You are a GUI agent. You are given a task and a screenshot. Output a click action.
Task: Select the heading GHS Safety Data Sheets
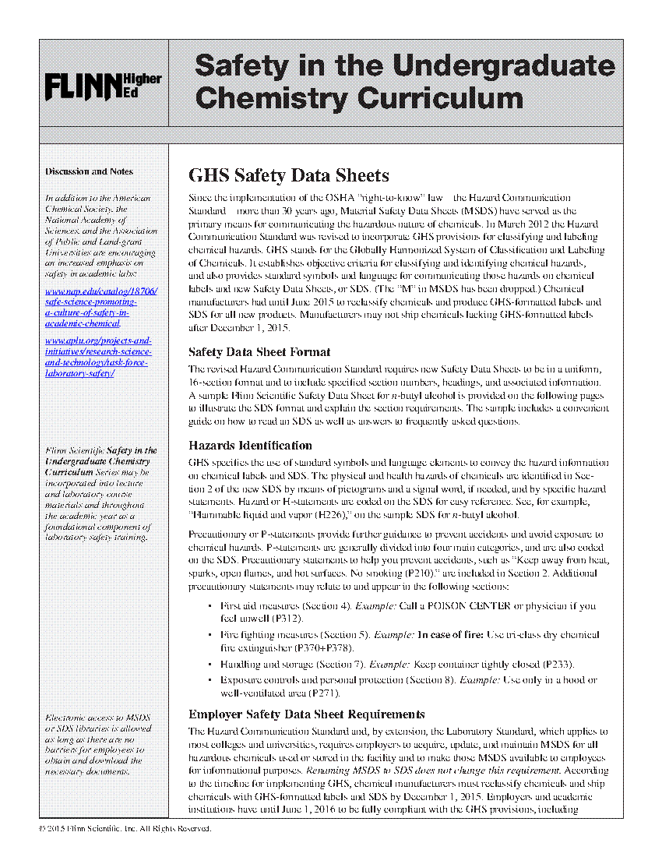tap(289, 175)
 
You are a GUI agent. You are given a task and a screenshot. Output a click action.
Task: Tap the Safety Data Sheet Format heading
tap(259, 352)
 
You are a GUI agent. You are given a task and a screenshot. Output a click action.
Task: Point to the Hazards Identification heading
tap(250, 446)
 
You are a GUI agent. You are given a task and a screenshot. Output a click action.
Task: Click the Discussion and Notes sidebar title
tap(89, 171)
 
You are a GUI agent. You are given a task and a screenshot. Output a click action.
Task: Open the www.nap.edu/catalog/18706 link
tap(101, 291)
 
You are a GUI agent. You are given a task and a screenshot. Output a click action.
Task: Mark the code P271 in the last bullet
tap(324, 693)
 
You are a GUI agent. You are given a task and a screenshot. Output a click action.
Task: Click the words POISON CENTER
tap(450, 605)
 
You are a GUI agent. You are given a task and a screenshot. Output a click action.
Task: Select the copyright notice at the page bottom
tap(125, 828)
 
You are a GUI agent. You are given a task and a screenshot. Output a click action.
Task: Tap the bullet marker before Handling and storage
tap(210, 665)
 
